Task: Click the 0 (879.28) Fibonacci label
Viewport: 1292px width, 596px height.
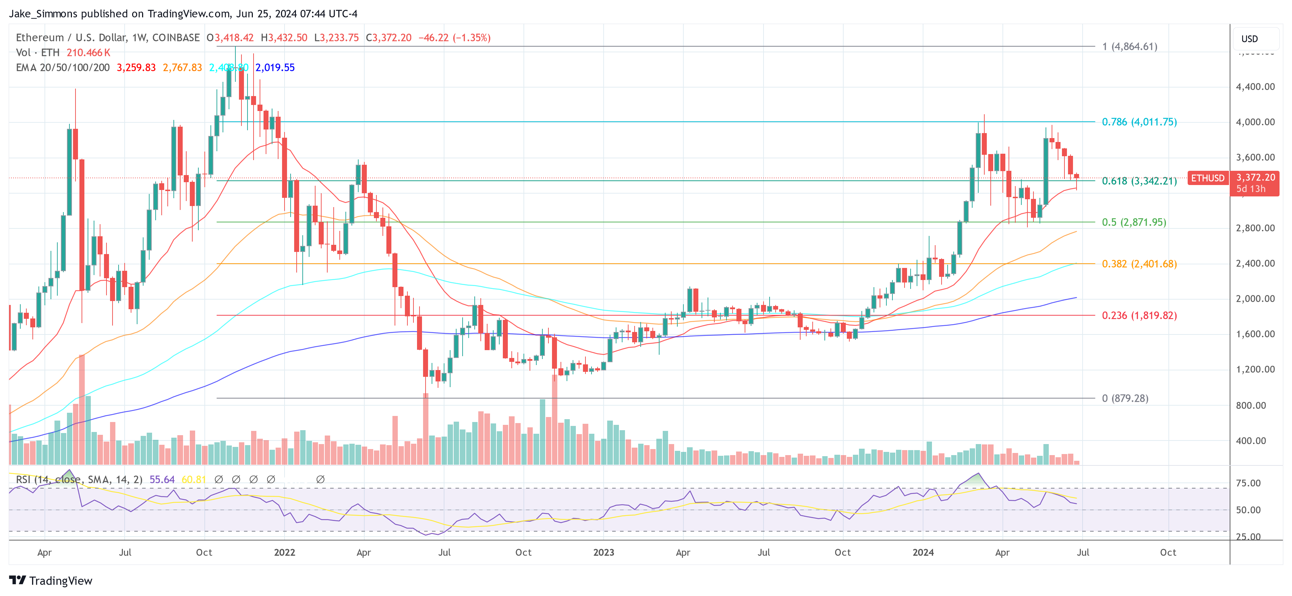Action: coord(1125,399)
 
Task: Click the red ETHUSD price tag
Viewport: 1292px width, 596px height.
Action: coord(1208,178)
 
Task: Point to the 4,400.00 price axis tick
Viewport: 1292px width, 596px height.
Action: coord(1255,87)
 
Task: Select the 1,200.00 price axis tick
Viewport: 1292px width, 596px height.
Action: coord(1255,369)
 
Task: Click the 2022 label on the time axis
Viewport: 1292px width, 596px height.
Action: coord(285,552)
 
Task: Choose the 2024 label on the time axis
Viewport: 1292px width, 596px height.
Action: coord(923,552)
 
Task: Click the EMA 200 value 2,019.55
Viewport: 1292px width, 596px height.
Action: coord(275,68)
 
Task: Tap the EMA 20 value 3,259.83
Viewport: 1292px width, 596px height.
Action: coord(136,68)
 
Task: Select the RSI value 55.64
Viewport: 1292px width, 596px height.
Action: coord(162,480)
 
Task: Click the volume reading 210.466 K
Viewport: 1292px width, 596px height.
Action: coord(88,53)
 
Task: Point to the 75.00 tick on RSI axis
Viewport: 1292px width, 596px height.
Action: coord(1248,483)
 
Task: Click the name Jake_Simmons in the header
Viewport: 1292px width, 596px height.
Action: coord(43,14)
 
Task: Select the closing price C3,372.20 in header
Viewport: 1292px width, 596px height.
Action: coord(388,38)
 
